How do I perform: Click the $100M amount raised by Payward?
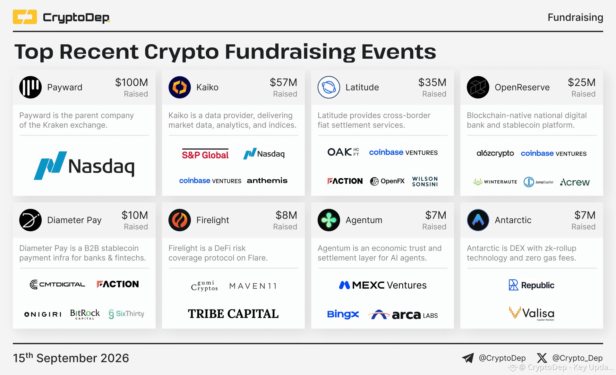[x=132, y=82]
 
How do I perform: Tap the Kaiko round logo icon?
[x=180, y=87]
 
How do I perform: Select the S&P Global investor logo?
[x=205, y=154]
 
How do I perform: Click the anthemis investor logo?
[x=267, y=181]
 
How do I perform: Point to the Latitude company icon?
[x=329, y=87]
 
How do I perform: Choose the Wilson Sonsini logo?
[x=425, y=181]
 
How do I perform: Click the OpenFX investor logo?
[x=387, y=181]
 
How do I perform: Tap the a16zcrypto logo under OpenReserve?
[x=495, y=153]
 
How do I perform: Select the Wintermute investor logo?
[x=495, y=182]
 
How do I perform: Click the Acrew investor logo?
[x=575, y=182]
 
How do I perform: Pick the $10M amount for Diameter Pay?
[x=135, y=215]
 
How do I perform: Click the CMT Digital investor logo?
[x=57, y=284]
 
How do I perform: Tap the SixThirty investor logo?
[x=126, y=314]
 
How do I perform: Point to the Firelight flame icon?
[x=180, y=220]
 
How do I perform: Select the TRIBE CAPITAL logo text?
[x=233, y=314]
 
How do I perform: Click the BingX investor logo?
[x=343, y=314]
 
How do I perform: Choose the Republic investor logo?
[x=532, y=285]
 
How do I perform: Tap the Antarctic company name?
[x=513, y=220]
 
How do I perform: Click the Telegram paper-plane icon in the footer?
[x=468, y=358]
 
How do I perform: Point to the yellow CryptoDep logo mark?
[x=25, y=17]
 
